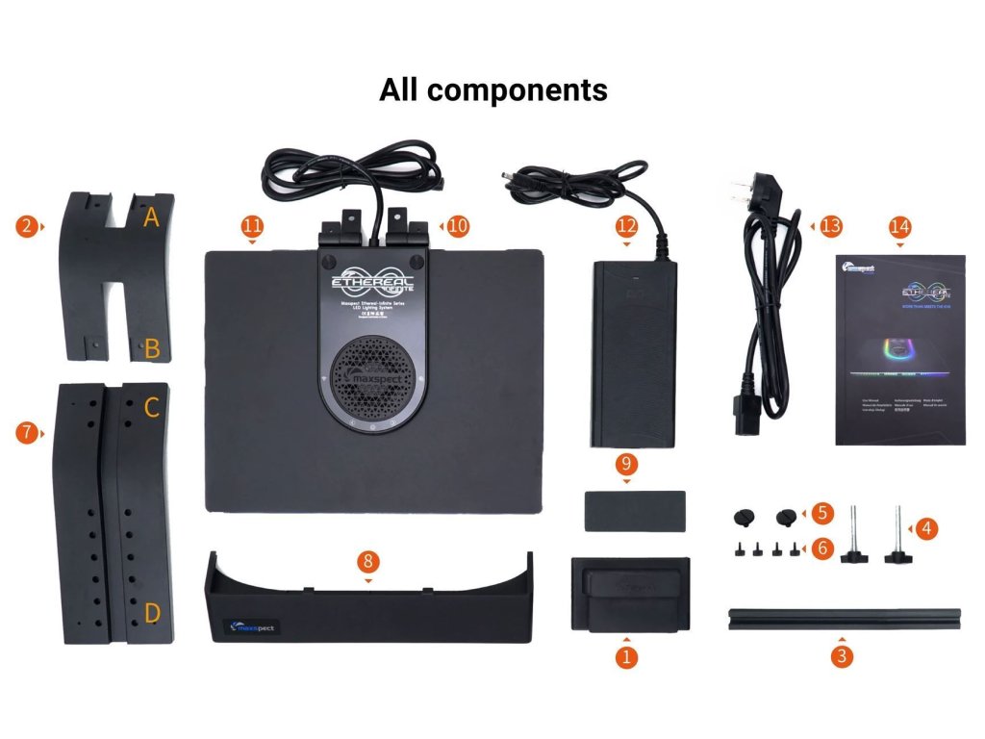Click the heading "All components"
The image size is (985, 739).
click(492, 89)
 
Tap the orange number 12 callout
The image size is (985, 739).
click(626, 226)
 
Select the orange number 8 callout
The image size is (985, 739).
click(368, 561)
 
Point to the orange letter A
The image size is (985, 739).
click(151, 218)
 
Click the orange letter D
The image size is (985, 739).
click(152, 612)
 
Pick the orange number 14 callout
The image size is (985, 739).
click(899, 226)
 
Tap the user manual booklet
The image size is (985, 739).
click(899, 350)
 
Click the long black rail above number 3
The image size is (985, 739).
click(844, 617)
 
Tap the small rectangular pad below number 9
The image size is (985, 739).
click(634, 510)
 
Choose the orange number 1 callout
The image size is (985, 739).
click(626, 658)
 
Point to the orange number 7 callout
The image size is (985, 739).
click(26, 433)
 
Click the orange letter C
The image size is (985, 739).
click(151, 408)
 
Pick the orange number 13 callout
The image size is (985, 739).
click(830, 226)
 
